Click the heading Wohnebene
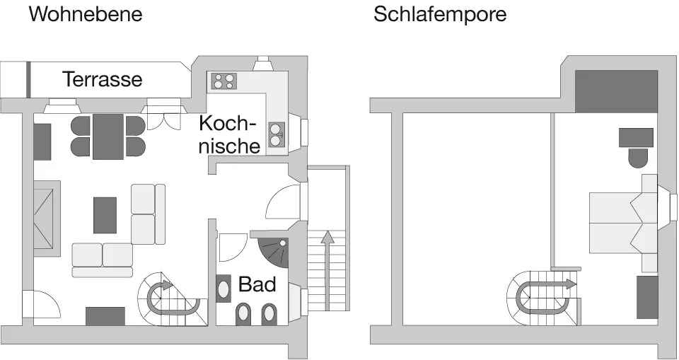click(85, 14)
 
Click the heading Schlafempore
click(440, 14)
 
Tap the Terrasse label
click(103, 79)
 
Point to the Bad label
click(257, 284)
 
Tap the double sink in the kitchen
click(277, 132)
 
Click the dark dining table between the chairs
click(108, 136)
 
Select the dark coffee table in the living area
click(105, 215)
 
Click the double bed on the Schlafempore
click(622, 222)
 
